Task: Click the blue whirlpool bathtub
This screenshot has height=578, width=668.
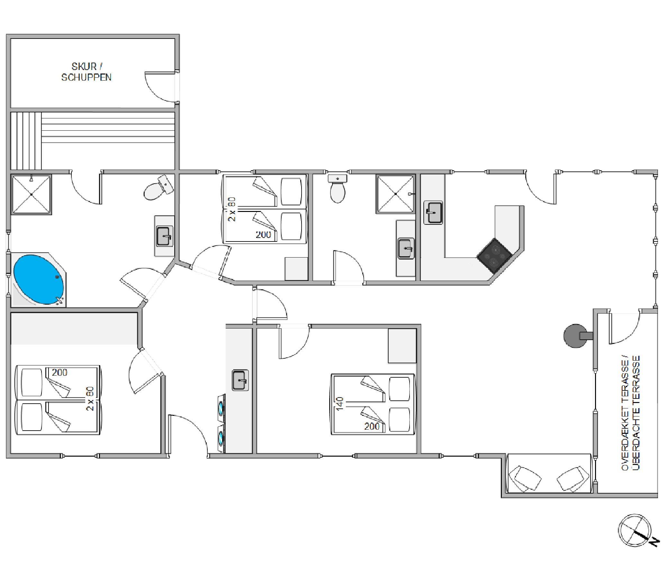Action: [39, 279]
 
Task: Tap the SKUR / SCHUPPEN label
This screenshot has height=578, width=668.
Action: [86, 72]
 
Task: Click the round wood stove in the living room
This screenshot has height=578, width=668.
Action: [575, 336]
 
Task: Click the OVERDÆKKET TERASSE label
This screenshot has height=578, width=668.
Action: [625, 413]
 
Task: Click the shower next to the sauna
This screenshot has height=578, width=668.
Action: [31, 195]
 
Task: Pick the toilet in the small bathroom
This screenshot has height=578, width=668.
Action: [338, 188]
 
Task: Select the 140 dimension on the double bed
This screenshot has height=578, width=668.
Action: [340, 404]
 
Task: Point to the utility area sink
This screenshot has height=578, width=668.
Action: [240, 380]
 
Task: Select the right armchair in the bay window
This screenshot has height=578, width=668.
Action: [573, 478]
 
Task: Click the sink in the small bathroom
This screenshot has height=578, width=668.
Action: [406, 248]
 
